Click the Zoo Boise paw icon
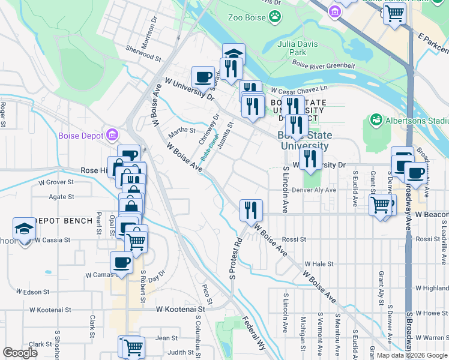(275, 17)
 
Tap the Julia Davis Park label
(292, 48)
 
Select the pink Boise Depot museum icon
(112, 135)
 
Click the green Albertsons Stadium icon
(376, 120)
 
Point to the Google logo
(20, 353)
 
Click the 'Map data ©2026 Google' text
(412, 355)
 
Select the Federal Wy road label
(253, 334)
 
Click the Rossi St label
(294, 239)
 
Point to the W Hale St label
(319, 263)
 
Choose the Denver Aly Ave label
(313, 190)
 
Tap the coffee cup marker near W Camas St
(122, 263)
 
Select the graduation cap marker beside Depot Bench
(24, 229)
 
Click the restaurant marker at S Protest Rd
(251, 210)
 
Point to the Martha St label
(182, 130)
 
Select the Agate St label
(62, 196)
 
